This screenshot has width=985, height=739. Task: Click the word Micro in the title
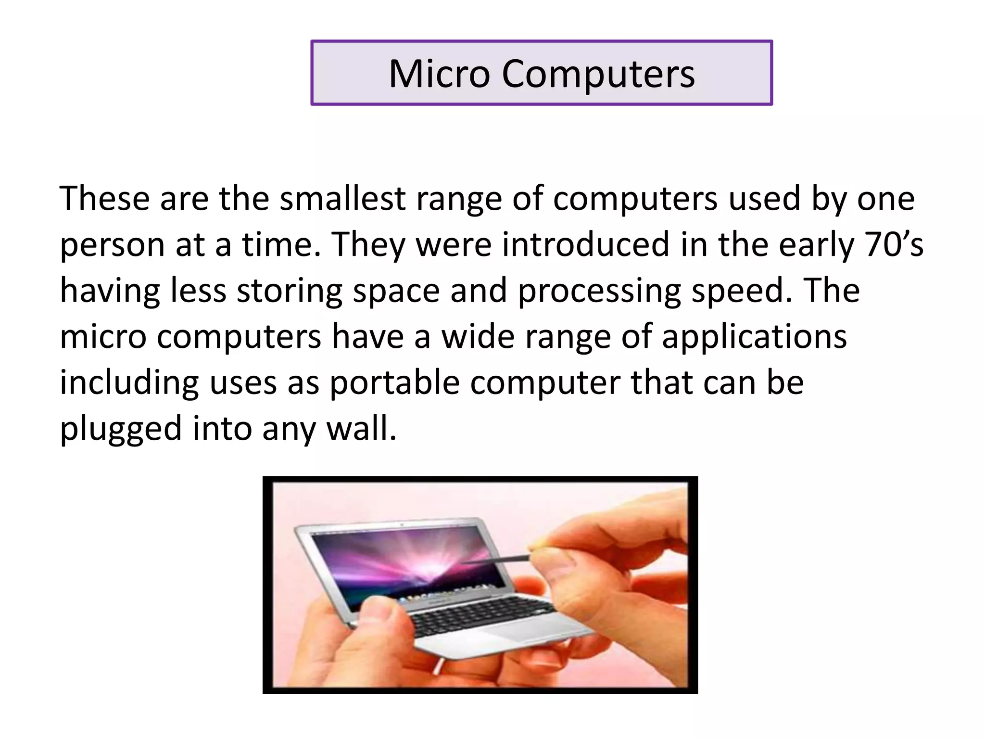click(439, 74)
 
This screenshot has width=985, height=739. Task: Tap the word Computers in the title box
click(598, 74)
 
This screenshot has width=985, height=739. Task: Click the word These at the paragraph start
click(104, 199)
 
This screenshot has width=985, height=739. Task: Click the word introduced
click(585, 244)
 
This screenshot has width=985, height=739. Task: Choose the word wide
click(478, 336)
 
